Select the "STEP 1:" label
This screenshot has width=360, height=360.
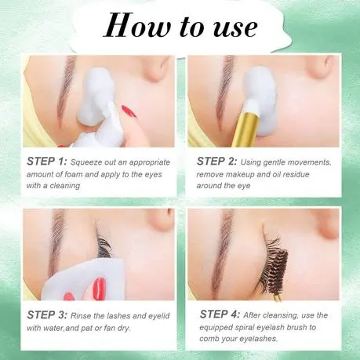point(47,162)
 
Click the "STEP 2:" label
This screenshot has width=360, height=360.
point(216,162)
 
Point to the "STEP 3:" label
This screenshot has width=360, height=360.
point(47,315)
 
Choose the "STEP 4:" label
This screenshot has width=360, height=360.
point(220,314)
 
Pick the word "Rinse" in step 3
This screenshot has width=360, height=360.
point(81,316)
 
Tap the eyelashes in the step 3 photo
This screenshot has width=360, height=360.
point(104,245)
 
